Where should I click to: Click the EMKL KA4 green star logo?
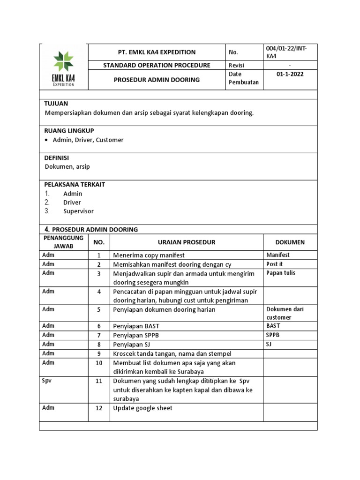[x=63, y=62]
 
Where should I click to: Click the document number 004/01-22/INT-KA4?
[x=285, y=52]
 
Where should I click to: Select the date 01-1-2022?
[x=290, y=75]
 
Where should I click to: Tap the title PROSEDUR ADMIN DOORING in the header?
[x=157, y=80]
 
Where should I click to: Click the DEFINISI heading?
[x=57, y=157]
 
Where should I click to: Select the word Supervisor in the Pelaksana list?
[x=78, y=211]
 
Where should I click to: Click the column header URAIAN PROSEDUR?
[x=186, y=242]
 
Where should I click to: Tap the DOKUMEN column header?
[x=290, y=242]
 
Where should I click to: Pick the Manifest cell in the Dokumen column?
[x=278, y=255]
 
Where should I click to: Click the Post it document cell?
[x=275, y=264]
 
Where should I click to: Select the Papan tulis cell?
[x=281, y=273]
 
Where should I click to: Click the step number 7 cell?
[x=99, y=335]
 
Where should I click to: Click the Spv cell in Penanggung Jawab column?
[x=47, y=380]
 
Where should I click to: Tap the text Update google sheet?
[x=143, y=408]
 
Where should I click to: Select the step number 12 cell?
[x=99, y=408]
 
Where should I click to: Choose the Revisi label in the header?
[x=237, y=65]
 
